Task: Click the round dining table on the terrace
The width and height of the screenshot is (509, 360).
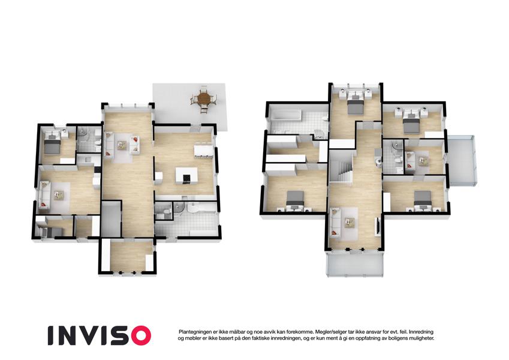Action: [204, 97]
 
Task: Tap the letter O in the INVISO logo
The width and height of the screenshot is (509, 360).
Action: [139, 335]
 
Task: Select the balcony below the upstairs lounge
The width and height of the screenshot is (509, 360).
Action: [355, 263]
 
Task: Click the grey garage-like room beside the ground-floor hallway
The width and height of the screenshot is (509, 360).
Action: [111, 219]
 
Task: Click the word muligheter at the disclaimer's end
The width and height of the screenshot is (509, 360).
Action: [421, 338]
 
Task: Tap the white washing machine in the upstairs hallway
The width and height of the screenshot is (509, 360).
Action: [377, 161]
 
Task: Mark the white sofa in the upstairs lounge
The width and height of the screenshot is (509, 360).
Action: [335, 222]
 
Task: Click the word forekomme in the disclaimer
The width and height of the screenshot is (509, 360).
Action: [299, 332]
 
